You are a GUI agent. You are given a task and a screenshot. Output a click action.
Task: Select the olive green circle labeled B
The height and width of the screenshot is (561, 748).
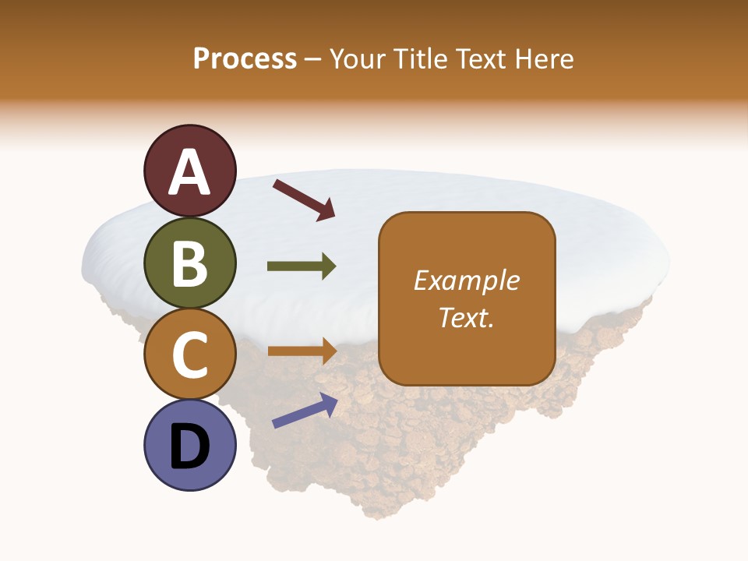click(190, 265)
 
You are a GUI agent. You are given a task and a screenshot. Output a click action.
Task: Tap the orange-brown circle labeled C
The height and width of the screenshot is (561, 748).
click(190, 355)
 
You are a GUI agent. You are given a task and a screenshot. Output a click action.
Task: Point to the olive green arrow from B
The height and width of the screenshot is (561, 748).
click(302, 266)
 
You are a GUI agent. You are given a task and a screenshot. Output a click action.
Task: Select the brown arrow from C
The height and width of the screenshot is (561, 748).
click(302, 351)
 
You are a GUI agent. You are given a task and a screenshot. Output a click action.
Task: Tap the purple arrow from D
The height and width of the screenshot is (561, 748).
click(304, 411)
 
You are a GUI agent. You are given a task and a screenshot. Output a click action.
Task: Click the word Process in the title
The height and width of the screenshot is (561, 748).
click(245, 59)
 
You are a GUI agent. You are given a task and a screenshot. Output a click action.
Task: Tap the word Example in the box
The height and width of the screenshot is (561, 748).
click(467, 280)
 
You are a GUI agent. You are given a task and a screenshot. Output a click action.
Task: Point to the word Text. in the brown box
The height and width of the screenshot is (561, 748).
click(467, 317)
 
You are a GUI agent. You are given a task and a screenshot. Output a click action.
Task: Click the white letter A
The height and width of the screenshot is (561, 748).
click(190, 173)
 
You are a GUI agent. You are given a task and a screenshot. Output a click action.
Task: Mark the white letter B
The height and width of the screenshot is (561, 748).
click(190, 263)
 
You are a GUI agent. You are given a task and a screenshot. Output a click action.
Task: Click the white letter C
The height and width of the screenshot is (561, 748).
click(190, 355)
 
